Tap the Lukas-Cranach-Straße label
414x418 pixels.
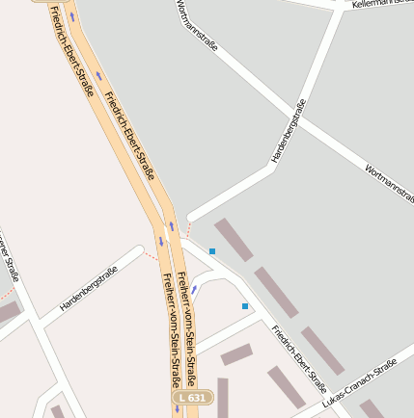click(x=361, y=383)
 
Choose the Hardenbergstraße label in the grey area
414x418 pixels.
click(x=289, y=130)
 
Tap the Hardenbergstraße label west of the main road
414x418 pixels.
click(x=88, y=287)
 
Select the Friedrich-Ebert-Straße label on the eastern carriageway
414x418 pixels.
click(x=129, y=136)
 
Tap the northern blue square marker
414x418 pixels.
click(x=212, y=251)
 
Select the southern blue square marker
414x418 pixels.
click(x=245, y=306)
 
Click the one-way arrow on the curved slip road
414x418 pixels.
click(x=194, y=288)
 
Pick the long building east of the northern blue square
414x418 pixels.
click(x=234, y=240)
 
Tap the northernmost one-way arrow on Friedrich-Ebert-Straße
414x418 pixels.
click(x=70, y=17)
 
